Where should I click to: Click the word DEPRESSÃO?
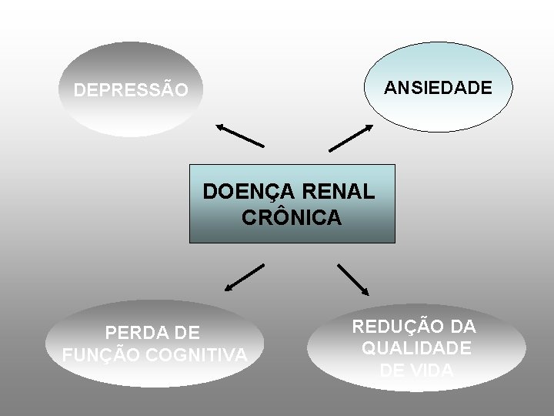[130, 91]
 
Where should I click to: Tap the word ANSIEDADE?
[437, 88]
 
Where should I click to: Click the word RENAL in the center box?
[342, 190]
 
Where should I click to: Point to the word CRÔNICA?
[292, 218]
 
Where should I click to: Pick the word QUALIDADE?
[416, 348]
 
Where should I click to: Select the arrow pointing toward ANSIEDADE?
[351, 138]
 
